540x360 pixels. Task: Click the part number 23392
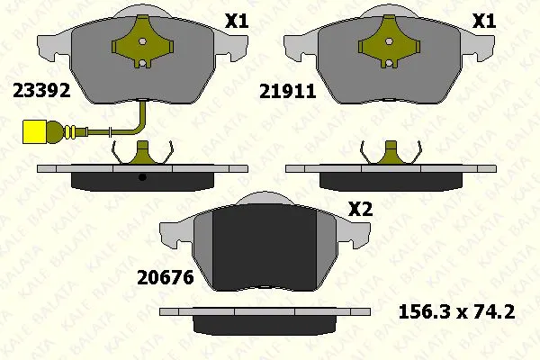pyautogui.click(x=41, y=91)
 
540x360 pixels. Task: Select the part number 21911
pyautogui.click(x=288, y=92)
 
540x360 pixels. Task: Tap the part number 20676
pyautogui.click(x=166, y=278)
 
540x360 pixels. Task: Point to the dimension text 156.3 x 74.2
pyautogui.click(x=456, y=311)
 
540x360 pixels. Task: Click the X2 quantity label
pyautogui.click(x=361, y=209)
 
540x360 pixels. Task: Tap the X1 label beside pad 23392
pyautogui.click(x=237, y=22)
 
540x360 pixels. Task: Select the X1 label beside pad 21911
pyautogui.click(x=484, y=22)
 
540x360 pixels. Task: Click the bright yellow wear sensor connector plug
pyautogui.click(x=34, y=131)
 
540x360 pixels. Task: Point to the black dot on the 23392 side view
pyautogui.click(x=142, y=177)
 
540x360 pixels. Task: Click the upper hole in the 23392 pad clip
pyautogui.click(x=142, y=41)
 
